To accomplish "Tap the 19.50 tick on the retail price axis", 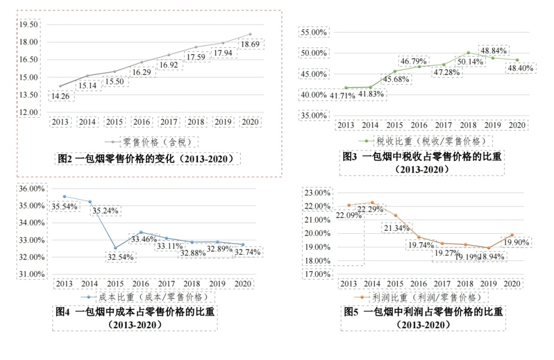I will (x=28, y=25).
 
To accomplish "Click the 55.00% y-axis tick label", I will (x=313, y=32).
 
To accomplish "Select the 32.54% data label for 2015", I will (x=121, y=257).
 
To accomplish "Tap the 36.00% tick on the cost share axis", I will (x=32, y=189).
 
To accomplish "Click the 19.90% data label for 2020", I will (x=516, y=242).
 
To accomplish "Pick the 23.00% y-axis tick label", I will (x=316, y=192).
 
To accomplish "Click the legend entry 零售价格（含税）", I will (x=152, y=141).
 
